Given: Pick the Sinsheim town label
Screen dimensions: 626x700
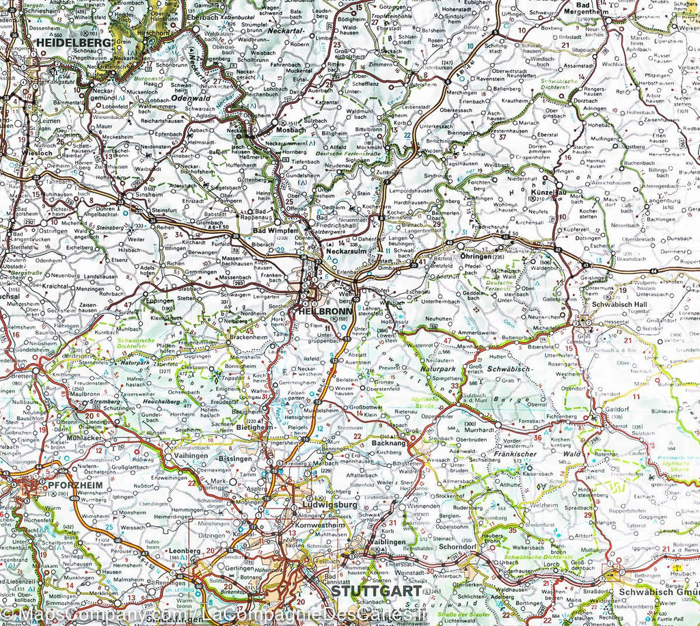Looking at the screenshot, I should (x=149, y=194).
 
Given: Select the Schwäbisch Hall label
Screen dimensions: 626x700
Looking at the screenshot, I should (x=620, y=304).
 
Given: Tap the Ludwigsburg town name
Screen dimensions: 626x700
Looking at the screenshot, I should (x=329, y=505).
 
